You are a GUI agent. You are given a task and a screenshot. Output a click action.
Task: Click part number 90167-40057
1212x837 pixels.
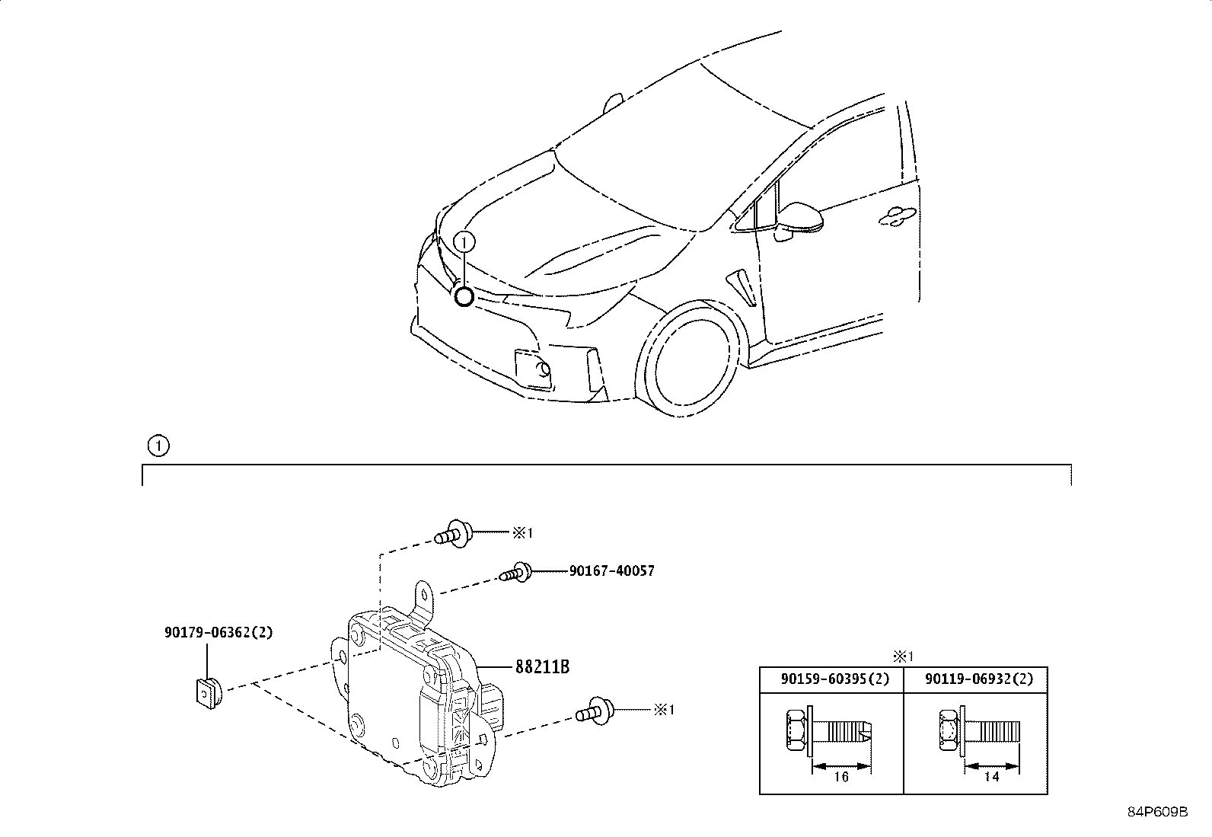[x=611, y=570]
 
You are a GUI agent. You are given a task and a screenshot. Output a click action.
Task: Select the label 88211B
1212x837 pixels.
[x=542, y=666]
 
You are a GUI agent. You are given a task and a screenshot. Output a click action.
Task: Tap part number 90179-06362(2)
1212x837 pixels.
[x=218, y=632]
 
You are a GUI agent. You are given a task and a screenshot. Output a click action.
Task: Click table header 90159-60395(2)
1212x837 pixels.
[x=835, y=679]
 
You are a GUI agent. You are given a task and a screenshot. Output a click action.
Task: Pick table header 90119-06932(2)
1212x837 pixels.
[x=979, y=679]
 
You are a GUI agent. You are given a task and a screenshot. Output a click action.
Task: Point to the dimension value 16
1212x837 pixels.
[x=841, y=777]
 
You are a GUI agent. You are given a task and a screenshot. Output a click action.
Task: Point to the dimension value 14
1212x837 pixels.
[x=991, y=776]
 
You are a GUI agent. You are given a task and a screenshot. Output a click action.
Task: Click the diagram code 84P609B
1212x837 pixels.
[x=1157, y=812]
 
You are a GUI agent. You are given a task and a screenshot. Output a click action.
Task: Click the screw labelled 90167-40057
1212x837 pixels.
[x=515, y=572]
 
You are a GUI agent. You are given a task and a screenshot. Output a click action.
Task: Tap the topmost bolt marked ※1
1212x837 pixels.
[x=454, y=533]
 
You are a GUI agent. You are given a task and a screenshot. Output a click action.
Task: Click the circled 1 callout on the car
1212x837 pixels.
[x=464, y=242]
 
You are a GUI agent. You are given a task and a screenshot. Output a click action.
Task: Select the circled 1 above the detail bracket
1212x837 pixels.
[x=158, y=446]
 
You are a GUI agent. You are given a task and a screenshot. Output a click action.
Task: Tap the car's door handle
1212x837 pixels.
[x=898, y=216]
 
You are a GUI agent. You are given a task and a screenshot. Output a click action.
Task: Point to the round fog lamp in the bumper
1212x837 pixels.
[x=544, y=370]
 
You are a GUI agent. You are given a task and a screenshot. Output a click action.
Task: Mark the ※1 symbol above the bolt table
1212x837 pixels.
[x=903, y=657]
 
